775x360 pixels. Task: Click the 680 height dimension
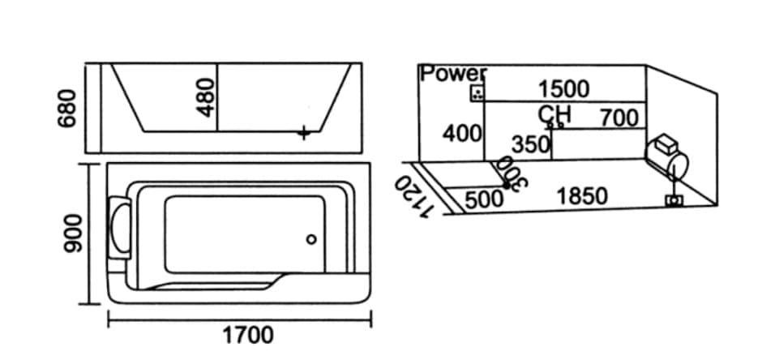point(67,109)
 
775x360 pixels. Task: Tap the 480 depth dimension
point(206,97)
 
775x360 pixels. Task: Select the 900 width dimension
point(73,233)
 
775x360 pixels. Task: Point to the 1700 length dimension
point(248,336)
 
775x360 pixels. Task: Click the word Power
point(453,74)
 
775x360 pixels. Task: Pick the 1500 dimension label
point(563,89)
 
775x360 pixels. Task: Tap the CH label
point(554,114)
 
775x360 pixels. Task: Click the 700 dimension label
point(619,118)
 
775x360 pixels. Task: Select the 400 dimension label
point(462,134)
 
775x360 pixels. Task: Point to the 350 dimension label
point(531,144)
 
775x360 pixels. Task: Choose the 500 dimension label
point(485,199)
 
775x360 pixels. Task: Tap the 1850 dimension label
point(582,196)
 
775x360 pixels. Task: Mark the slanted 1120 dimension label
point(414,198)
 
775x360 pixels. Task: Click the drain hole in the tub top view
point(310,239)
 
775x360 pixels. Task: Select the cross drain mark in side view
point(305,132)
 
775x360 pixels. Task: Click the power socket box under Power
point(477,92)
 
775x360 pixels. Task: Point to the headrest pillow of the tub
point(119,228)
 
